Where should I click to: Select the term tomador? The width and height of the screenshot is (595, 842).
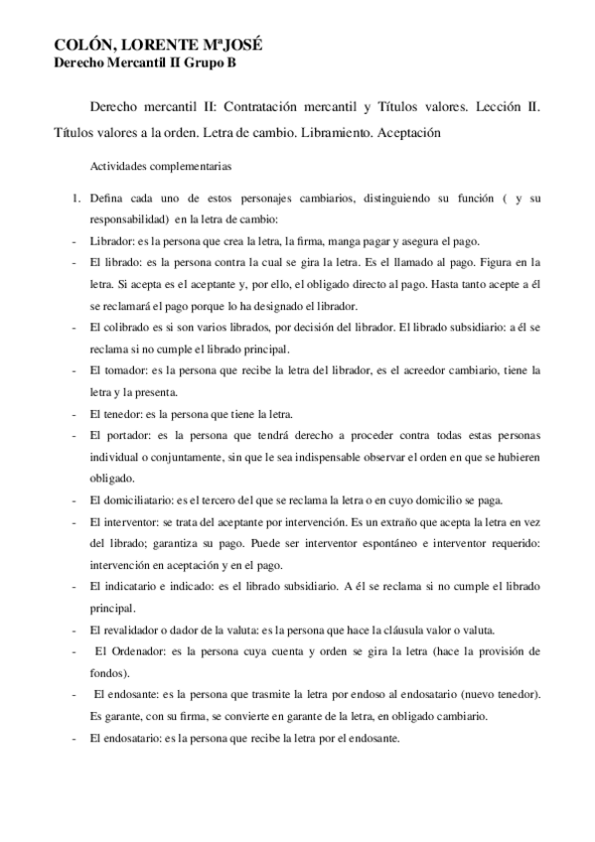(124, 370)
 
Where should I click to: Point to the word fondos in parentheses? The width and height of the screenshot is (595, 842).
(105, 672)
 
